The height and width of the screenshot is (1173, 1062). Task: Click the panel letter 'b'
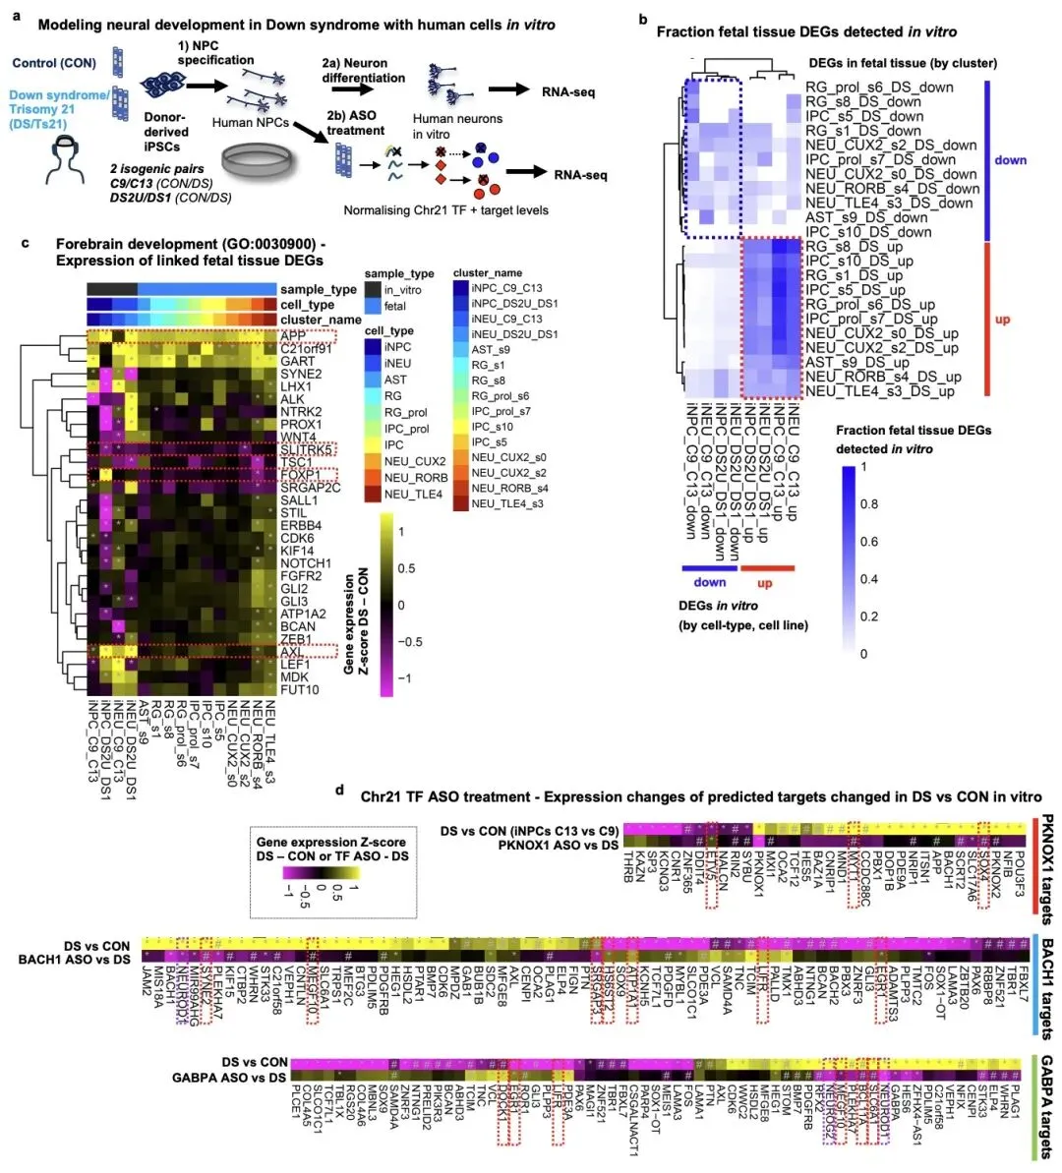click(642, 19)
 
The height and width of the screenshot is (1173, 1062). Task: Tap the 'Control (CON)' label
click(54, 63)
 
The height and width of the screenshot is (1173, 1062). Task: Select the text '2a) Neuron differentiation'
click(363, 70)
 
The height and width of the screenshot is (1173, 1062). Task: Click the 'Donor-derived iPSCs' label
click(166, 132)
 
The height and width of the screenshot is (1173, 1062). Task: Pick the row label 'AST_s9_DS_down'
click(866, 217)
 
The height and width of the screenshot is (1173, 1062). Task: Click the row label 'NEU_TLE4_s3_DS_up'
click(879, 391)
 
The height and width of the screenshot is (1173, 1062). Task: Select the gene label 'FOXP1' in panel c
click(300, 475)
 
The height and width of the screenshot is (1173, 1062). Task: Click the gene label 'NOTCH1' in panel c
click(306, 563)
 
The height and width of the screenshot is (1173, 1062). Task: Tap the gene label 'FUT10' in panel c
click(300, 689)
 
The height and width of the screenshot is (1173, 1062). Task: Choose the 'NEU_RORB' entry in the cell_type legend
click(415, 478)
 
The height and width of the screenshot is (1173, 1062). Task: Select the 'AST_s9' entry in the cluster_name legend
click(491, 350)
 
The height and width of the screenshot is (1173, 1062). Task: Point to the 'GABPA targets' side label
click(1046, 1105)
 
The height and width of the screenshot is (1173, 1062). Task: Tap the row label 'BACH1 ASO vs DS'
click(74, 960)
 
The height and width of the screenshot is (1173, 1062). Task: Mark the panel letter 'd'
click(340, 790)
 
